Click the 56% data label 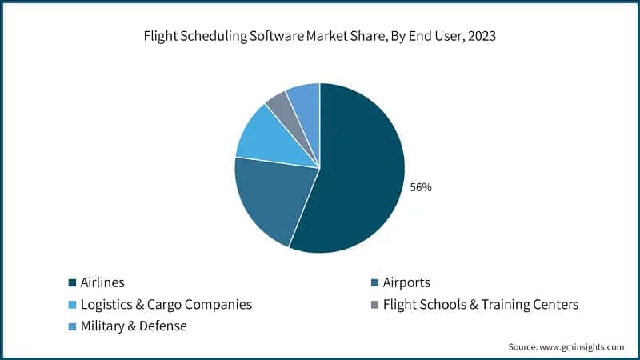[421, 187]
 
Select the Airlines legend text [102, 282]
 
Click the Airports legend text [406, 282]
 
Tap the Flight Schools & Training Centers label [480, 304]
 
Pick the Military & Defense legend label [133, 326]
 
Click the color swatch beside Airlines [72, 283]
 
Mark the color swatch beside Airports [374, 283]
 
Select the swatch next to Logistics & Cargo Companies [72, 305]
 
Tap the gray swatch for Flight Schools [374, 305]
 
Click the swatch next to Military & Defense [72, 326]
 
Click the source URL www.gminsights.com [583, 346]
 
